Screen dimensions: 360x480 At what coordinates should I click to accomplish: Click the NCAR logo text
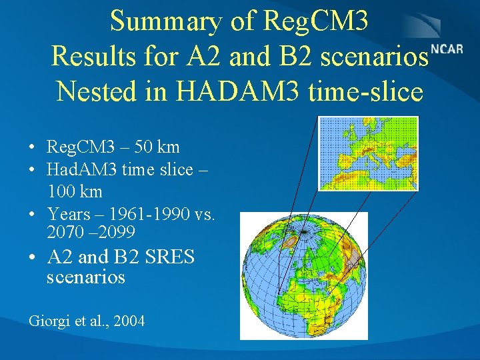coord(447,50)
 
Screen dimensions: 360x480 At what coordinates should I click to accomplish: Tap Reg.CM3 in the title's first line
coord(315,21)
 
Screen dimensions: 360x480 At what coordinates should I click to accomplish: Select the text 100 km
coord(75,192)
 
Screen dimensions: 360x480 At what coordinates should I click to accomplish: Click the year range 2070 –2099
coord(91,232)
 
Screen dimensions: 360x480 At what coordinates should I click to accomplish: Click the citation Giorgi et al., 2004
coord(87,321)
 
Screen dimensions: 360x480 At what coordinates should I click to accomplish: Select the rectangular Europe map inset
coord(368,153)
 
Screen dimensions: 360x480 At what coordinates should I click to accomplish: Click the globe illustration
coord(303,275)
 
